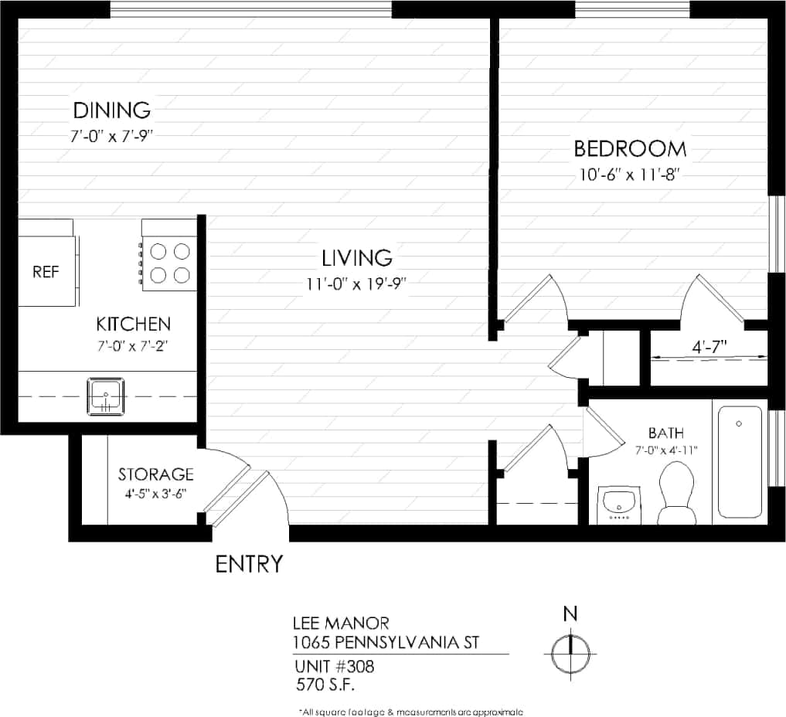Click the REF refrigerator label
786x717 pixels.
point(45,273)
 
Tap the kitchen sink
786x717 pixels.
point(105,396)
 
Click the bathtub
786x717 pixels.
point(740,461)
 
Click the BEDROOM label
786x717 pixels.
point(629,148)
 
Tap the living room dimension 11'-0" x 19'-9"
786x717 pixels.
point(356,284)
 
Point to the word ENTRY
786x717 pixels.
point(249,565)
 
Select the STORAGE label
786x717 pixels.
point(155,474)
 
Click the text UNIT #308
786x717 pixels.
point(334,666)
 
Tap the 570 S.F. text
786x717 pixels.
point(325,684)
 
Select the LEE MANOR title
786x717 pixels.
point(340,623)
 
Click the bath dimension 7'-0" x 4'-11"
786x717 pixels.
point(666,450)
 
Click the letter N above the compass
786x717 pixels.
point(570,614)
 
